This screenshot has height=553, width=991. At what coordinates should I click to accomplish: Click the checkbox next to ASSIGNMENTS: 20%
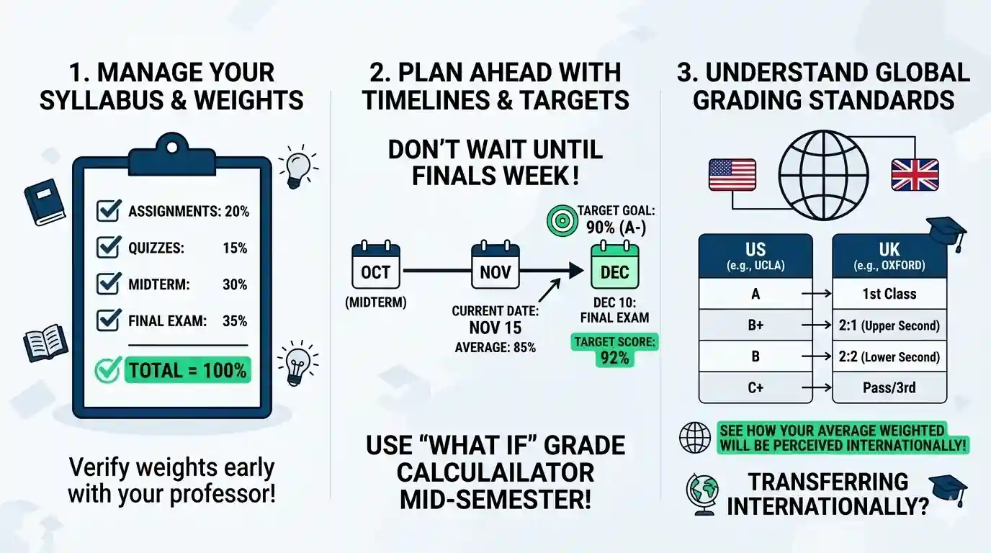click(x=108, y=211)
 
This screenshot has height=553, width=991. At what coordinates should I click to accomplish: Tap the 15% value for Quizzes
click(x=235, y=248)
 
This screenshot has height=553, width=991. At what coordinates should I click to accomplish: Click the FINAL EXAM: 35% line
click(x=187, y=320)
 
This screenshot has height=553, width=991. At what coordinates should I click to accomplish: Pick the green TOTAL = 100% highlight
click(x=187, y=371)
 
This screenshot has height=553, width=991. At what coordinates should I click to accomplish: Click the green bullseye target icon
click(x=560, y=219)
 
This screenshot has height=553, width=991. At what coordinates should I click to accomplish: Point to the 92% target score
click(x=614, y=357)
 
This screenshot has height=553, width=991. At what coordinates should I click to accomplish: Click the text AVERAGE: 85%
click(x=495, y=347)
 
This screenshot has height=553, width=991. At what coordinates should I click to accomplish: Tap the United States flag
click(x=732, y=175)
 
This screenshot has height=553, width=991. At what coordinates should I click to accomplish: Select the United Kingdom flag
click(x=915, y=175)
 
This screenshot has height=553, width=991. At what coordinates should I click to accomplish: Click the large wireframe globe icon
click(x=824, y=175)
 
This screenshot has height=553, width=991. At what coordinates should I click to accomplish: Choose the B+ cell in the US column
click(x=755, y=325)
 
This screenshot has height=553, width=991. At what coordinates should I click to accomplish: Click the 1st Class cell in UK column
click(x=889, y=294)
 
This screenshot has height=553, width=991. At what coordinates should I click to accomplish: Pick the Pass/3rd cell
click(x=889, y=388)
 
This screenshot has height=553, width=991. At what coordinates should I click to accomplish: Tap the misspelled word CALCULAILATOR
click(x=495, y=472)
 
